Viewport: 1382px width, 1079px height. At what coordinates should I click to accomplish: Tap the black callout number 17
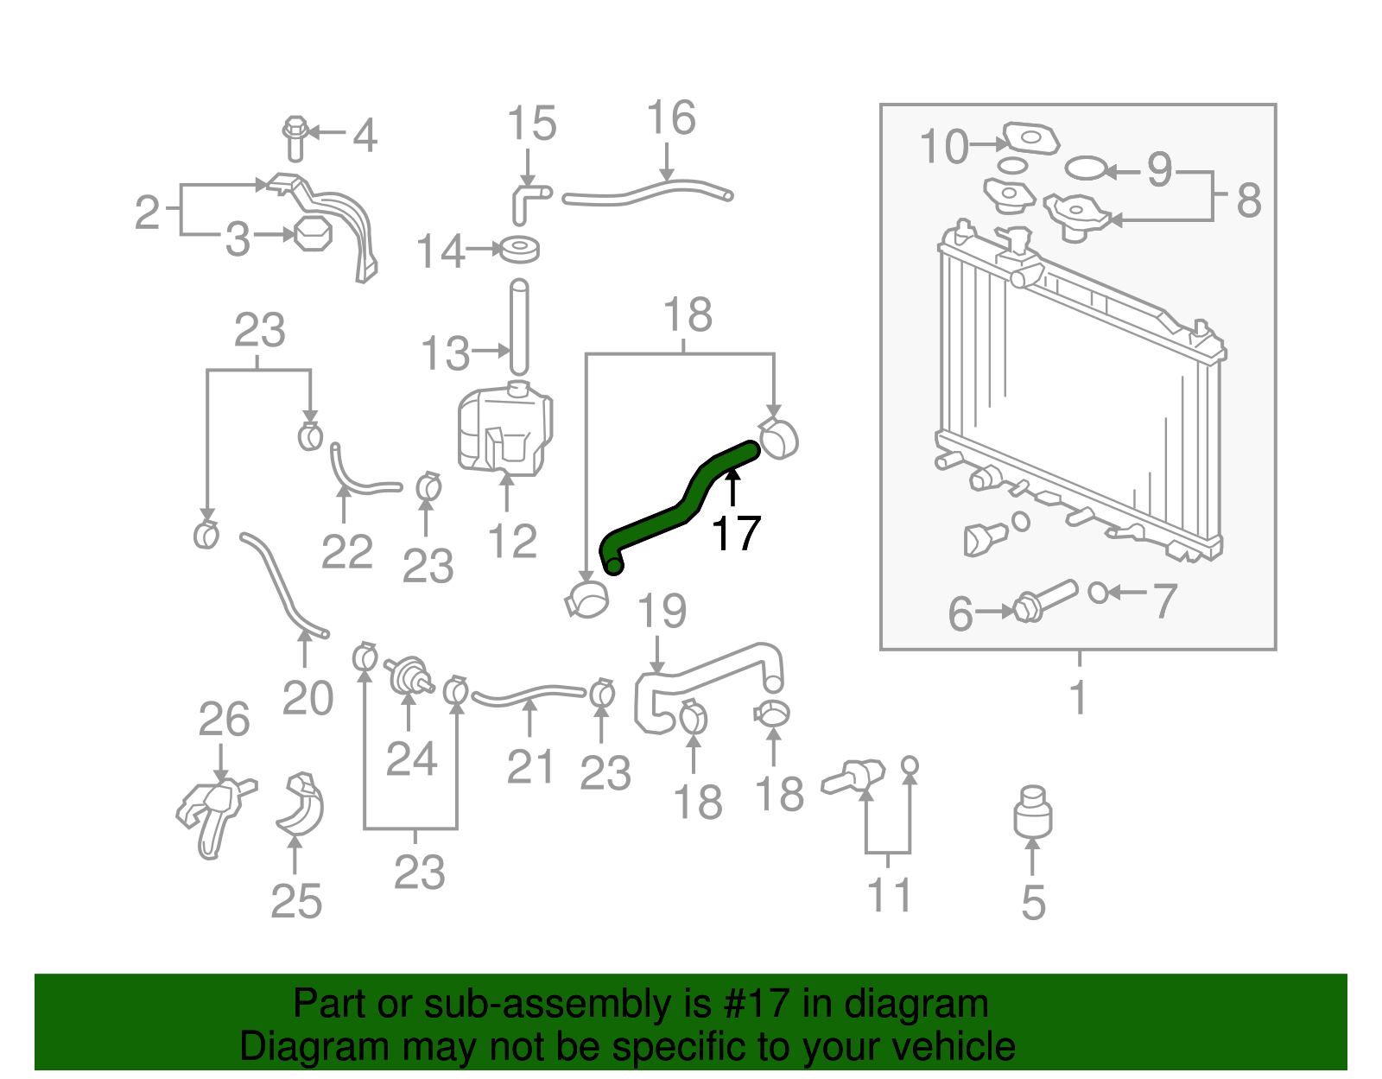coord(735,534)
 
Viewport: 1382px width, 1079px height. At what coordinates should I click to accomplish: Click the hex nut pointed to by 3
coord(312,234)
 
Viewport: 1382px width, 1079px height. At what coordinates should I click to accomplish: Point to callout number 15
coord(530,124)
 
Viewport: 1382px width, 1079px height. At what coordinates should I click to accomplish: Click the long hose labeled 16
coord(648,190)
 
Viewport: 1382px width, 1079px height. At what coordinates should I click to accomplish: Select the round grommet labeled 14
coord(520,250)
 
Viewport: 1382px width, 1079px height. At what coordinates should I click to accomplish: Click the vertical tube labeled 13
coord(518,327)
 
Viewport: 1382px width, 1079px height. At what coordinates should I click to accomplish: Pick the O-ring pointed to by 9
coord(1085,168)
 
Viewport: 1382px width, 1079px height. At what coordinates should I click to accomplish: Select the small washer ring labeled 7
coord(1098,593)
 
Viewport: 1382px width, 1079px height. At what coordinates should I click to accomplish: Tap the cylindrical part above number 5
coord(1033,812)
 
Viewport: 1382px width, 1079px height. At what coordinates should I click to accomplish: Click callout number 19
coord(662,612)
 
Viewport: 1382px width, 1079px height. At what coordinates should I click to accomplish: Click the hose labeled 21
coord(529,692)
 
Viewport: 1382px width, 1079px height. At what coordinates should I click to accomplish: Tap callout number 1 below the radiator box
coord(1077,696)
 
